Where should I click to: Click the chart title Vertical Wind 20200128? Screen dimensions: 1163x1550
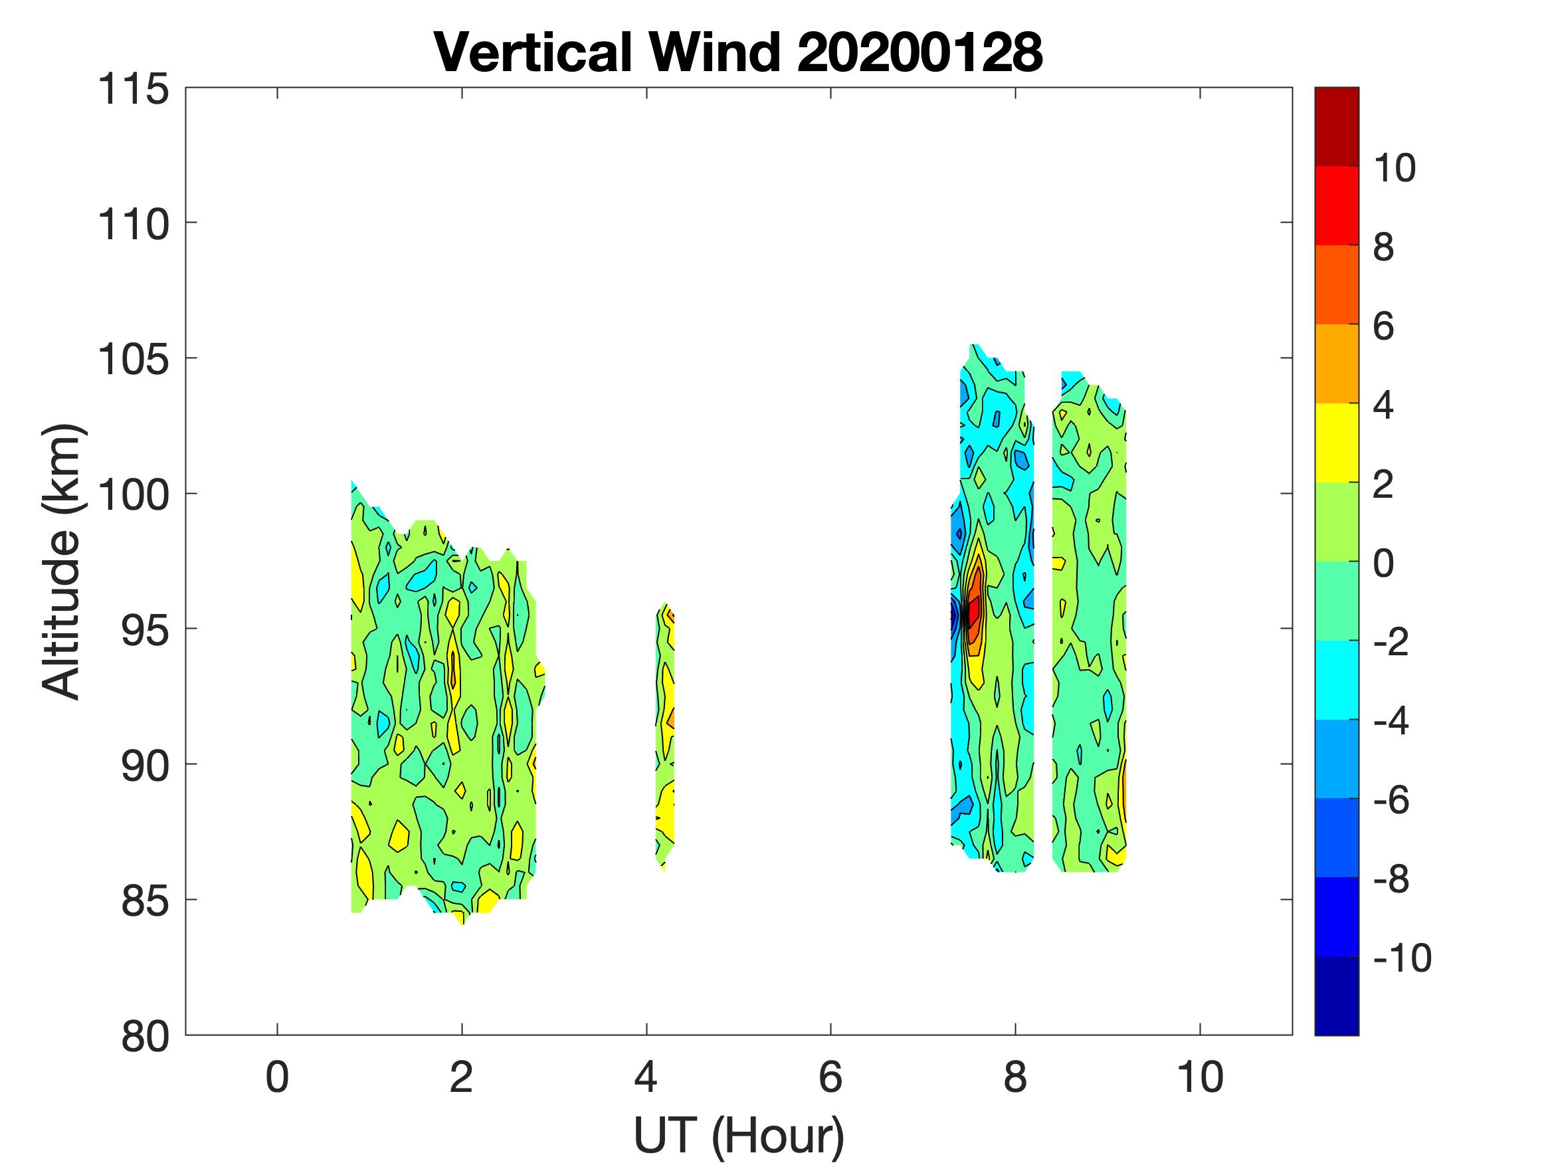[738, 53]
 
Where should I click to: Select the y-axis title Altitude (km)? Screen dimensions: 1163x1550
[62, 561]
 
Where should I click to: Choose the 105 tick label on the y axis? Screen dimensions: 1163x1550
[133, 360]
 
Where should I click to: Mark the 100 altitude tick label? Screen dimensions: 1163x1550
[133, 495]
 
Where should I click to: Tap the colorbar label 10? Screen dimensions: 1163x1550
[1395, 168]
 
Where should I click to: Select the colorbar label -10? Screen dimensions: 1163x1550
[1401, 958]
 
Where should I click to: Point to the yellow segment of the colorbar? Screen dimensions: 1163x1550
[1336, 443]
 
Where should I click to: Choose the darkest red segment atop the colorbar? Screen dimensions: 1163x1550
[1336, 126]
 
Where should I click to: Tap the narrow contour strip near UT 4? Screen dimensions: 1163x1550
[666, 736]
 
